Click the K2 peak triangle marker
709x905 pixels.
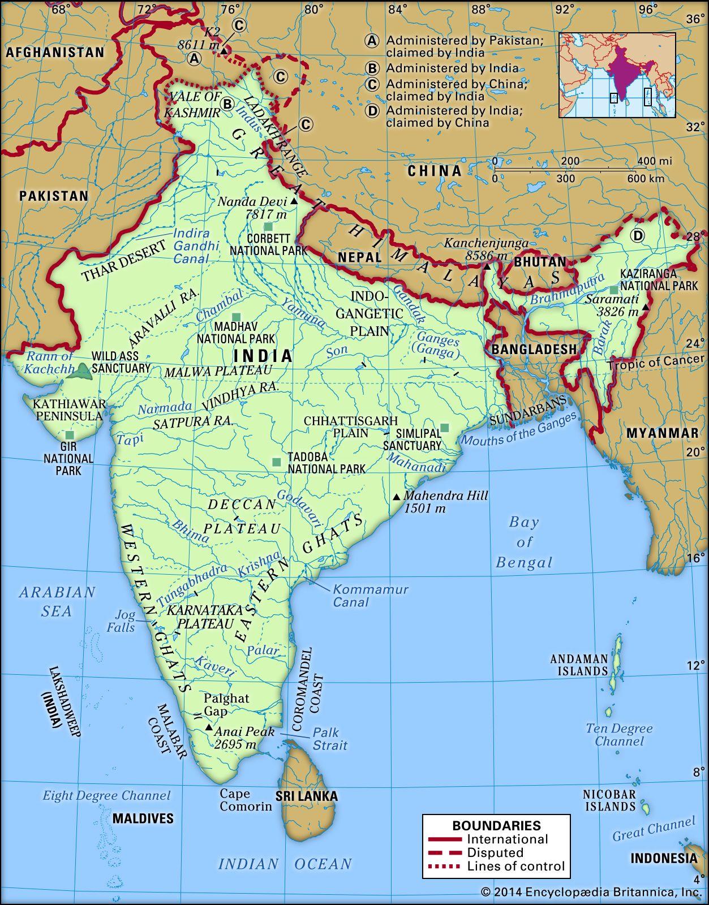click(224, 51)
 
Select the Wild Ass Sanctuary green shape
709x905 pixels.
click(83, 372)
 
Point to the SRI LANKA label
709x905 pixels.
click(306, 796)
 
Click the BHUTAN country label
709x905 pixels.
click(539, 262)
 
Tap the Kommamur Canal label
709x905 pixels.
click(370, 596)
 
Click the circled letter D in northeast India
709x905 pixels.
click(638, 236)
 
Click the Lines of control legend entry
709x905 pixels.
click(515, 866)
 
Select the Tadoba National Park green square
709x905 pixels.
click(276, 462)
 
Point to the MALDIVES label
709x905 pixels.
click(143, 818)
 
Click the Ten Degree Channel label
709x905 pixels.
click(618, 735)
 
